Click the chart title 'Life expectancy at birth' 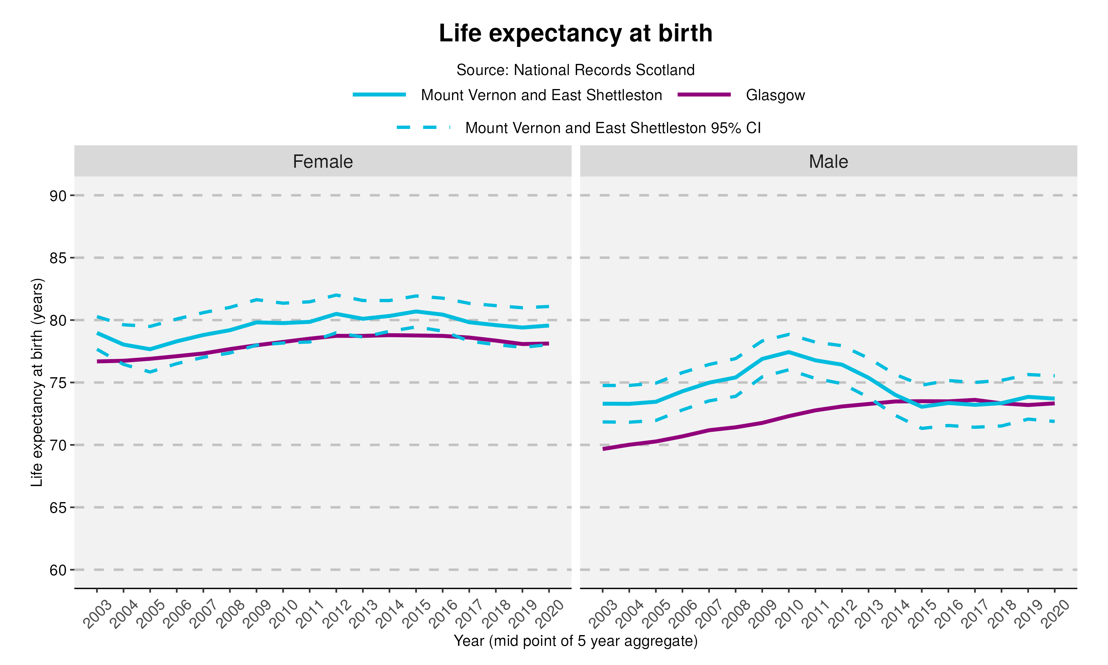[x=575, y=33]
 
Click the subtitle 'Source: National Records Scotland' [x=575, y=70]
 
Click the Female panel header [x=322, y=161]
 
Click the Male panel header [x=828, y=161]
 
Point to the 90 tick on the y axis [x=58, y=196]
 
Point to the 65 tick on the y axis [x=58, y=508]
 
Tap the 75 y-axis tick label [x=58, y=383]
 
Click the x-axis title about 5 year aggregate [x=575, y=641]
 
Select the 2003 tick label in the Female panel [x=97, y=614]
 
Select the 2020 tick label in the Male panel [x=1055, y=614]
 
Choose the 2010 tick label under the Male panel [x=789, y=614]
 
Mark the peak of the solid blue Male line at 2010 [x=789, y=352]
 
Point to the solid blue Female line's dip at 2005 [x=150, y=349]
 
